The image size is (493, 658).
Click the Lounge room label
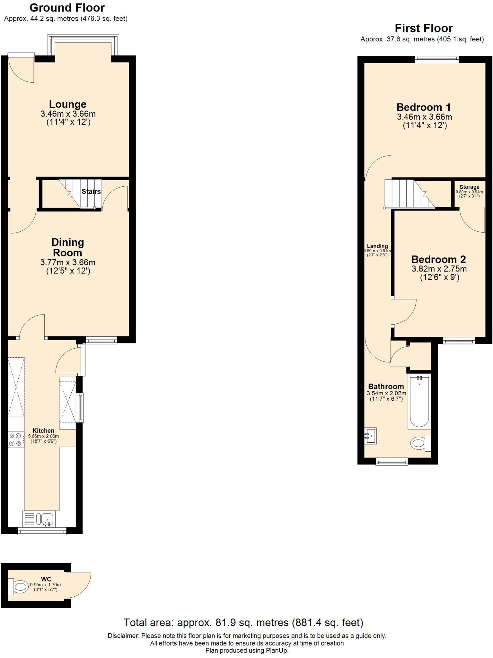(67, 104)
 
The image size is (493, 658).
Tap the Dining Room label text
(67, 247)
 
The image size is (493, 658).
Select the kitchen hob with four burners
(15, 440)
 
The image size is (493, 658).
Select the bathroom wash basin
(370, 436)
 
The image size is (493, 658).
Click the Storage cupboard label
(469, 187)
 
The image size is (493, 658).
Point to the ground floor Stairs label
(91, 191)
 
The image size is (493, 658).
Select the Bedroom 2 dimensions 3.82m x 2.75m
(439, 269)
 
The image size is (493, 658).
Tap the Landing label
(377, 246)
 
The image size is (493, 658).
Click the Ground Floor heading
(67, 8)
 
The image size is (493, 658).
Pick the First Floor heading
(423, 28)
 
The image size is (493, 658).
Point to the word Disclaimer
(123, 636)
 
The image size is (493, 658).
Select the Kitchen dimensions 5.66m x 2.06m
(43, 436)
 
